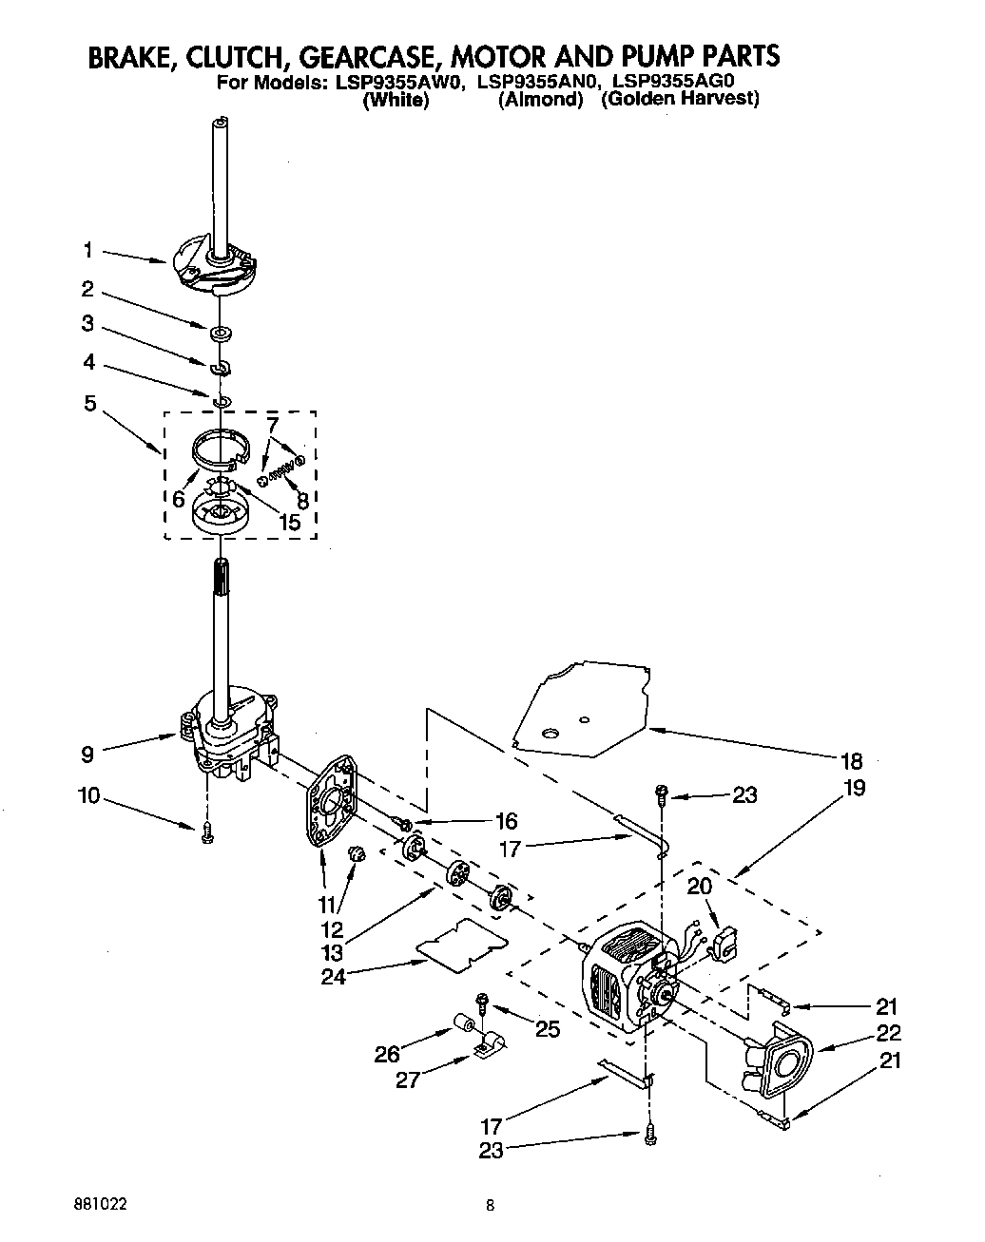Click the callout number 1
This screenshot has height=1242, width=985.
(x=87, y=250)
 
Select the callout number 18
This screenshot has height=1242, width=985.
(x=851, y=760)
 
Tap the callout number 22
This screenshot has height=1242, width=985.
(x=889, y=1033)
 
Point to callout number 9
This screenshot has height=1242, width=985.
(x=87, y=755)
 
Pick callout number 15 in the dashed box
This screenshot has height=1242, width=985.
(x=286, y=522)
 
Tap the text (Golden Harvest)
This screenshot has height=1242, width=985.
(x=680, y=100)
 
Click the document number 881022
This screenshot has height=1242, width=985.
(x=101, y=1203)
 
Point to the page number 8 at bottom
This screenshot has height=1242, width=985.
(x=491, y=1207)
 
